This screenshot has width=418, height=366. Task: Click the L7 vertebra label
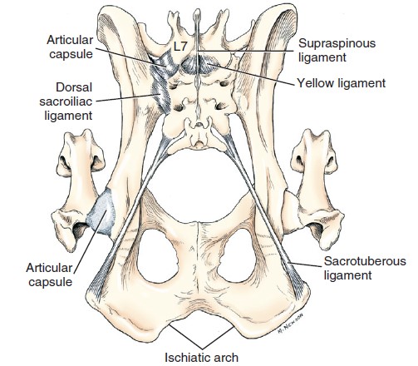(180, 47)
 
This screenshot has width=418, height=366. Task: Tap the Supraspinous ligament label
(337, 50)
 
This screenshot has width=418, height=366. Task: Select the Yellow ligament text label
(342, 83)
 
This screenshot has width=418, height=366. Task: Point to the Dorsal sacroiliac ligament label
(66, 101)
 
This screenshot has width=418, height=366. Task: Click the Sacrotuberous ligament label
(365, 268)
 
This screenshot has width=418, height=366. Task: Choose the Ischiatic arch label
(201, 357)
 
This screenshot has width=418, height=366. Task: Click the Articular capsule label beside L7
(70, 47)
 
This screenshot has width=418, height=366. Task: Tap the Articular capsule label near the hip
(49, 274)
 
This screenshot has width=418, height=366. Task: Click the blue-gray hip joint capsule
(101, 212)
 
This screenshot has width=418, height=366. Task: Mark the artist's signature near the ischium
(290, 323)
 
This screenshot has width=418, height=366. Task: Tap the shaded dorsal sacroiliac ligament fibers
(160, 89)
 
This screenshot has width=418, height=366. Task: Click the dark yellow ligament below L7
(198, 65)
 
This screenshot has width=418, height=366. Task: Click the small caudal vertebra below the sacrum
(198, 135)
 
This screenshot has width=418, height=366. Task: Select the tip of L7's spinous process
(197, 12)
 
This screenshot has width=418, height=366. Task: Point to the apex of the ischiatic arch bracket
(202, 349)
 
